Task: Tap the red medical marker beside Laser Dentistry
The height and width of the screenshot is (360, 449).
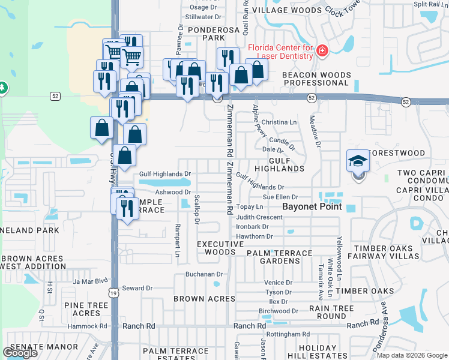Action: (x=322, y=51)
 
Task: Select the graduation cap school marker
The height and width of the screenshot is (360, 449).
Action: (x=357, y=161)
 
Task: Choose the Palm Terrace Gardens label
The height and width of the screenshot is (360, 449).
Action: (x=280, y=257)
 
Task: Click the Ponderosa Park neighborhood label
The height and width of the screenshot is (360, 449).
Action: (x=205, y=33)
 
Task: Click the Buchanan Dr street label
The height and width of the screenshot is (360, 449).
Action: (x=204, y=274)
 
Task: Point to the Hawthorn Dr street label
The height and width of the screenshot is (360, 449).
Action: (x=255, y=236)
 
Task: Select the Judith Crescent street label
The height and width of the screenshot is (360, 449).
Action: (x=259, y=217)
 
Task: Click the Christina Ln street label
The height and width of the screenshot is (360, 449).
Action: (x=279, y=122)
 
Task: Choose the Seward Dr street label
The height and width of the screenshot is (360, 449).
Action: (x=137, y=288)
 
